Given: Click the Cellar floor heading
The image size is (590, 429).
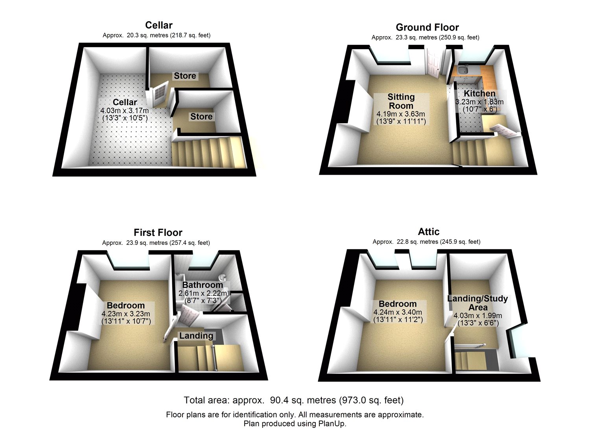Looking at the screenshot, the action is coord(159,25).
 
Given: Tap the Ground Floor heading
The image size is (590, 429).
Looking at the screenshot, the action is coord(427,27).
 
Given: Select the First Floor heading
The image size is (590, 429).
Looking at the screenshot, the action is coord(158,232).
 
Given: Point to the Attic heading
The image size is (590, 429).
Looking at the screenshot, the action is coord(428,231).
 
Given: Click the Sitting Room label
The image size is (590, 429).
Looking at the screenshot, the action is coord(401,101).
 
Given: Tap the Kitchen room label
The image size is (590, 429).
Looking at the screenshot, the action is coord(479,93).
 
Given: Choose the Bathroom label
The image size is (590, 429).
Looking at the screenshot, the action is coord(203,285).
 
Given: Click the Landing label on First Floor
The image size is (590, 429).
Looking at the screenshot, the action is coord(196,335).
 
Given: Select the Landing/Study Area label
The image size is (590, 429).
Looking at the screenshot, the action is coord(478,303).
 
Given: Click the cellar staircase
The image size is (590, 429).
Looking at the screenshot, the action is coord(206,152).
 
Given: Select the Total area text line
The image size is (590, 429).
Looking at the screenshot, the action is coord(293,400).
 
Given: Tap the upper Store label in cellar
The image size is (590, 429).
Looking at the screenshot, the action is coord(185,76).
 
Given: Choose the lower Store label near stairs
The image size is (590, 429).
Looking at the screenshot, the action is coord(201,116).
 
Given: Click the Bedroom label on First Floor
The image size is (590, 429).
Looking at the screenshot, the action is coord(126,305).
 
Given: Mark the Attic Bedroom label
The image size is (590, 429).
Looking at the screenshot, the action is coord(398,304).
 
